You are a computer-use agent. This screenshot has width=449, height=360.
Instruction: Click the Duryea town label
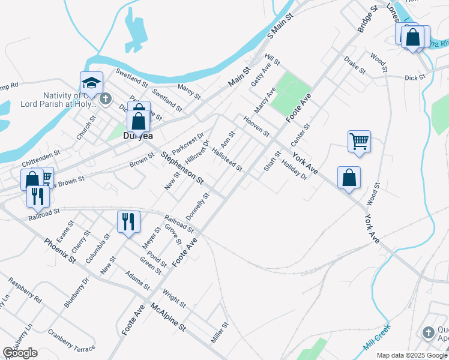137,136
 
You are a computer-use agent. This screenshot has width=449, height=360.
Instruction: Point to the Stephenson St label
182,169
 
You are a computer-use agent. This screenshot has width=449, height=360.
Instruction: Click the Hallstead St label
227,160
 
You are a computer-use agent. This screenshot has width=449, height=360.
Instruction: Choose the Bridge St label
367,19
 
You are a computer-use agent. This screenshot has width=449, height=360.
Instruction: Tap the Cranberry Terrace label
72,340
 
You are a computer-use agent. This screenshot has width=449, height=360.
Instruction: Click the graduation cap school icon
92,82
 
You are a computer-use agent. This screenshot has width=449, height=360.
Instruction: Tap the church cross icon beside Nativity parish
105,98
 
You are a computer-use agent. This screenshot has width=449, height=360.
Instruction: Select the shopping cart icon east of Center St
359,142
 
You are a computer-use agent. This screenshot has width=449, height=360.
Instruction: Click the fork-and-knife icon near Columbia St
128,221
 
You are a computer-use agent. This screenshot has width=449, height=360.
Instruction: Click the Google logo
20,353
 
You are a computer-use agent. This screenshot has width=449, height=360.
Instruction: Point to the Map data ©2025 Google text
412,355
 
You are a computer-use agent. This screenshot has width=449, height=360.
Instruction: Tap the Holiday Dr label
294,173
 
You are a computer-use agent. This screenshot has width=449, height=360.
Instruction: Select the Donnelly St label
197,205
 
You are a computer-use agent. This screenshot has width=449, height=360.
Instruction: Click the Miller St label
220,333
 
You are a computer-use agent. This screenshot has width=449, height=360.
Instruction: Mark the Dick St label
415,77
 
